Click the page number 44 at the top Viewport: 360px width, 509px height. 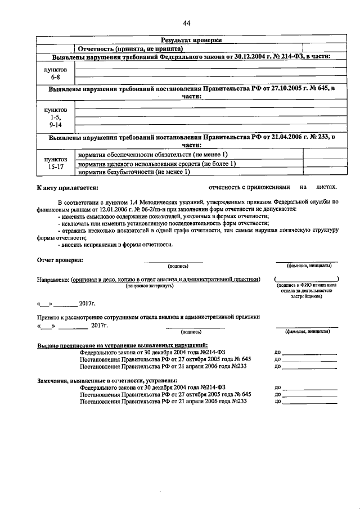click(x=186, y=22)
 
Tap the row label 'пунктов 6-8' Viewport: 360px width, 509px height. click(x=55, y=73)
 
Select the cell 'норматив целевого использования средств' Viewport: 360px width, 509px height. click(x=156, y=163)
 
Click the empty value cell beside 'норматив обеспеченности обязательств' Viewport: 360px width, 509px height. click(x=320, y=154)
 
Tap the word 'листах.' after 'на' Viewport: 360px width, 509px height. click(x=326, y=187)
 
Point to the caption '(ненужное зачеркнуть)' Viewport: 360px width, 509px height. click(x=149, y=286)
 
